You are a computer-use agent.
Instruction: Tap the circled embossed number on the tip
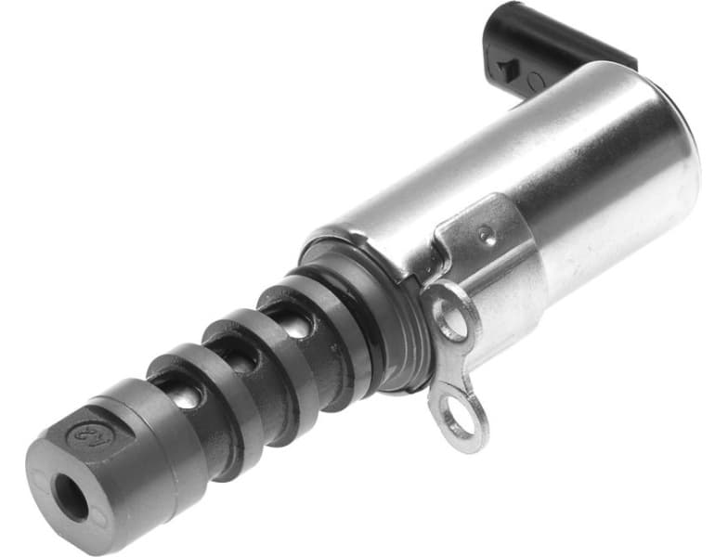[84, 432]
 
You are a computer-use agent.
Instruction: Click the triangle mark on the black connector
[507, 67]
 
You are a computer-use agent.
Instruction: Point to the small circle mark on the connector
[537, 82]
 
